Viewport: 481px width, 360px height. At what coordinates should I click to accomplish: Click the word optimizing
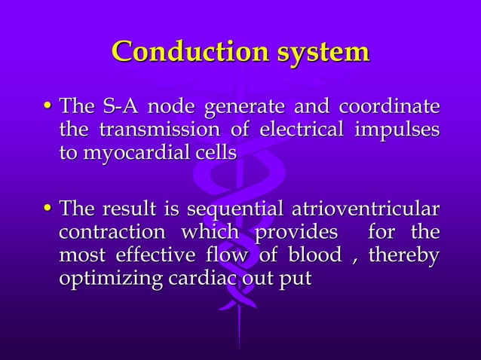tap(111, 279)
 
